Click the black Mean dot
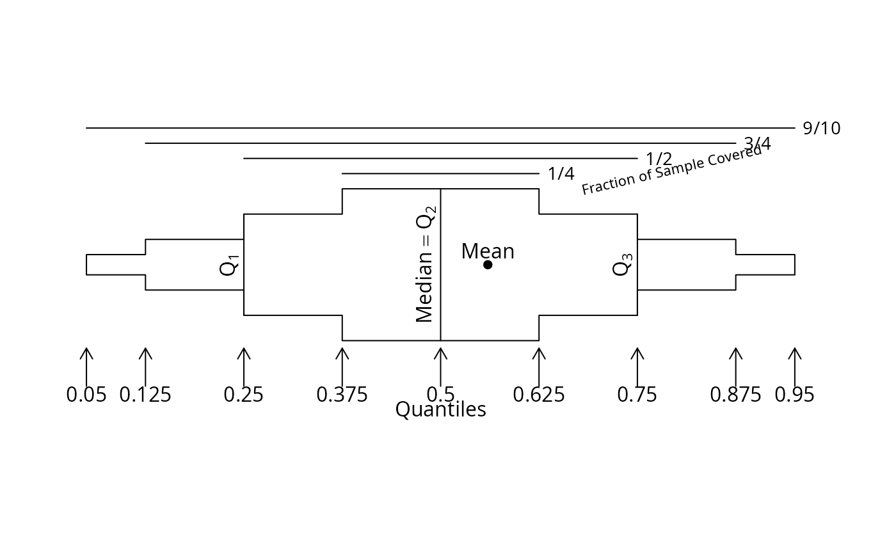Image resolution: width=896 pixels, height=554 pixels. click(488, 265)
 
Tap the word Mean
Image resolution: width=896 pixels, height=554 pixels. click(488, 251)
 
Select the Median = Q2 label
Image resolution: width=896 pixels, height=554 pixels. click(426, 264)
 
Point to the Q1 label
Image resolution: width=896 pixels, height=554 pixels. click(229, 265)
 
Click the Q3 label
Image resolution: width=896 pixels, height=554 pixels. click(623, 265)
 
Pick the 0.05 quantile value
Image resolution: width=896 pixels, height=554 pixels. click(86, 395)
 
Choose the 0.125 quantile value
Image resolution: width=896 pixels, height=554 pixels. click(145, 395)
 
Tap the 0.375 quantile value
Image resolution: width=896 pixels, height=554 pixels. click(342, 395)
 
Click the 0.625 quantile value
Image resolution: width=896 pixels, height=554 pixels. click(539, 395)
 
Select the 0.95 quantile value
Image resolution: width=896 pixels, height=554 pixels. click(794, 395)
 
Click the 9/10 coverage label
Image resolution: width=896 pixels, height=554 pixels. click(822, 129)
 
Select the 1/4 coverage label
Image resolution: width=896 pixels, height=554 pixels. click(561, 174)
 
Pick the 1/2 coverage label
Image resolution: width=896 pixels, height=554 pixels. click(659, 159)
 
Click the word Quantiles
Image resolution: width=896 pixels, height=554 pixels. click(440, 409)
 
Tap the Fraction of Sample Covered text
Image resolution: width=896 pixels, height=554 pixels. click(672, 170)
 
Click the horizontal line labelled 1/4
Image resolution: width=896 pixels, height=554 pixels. click(440, 173)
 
